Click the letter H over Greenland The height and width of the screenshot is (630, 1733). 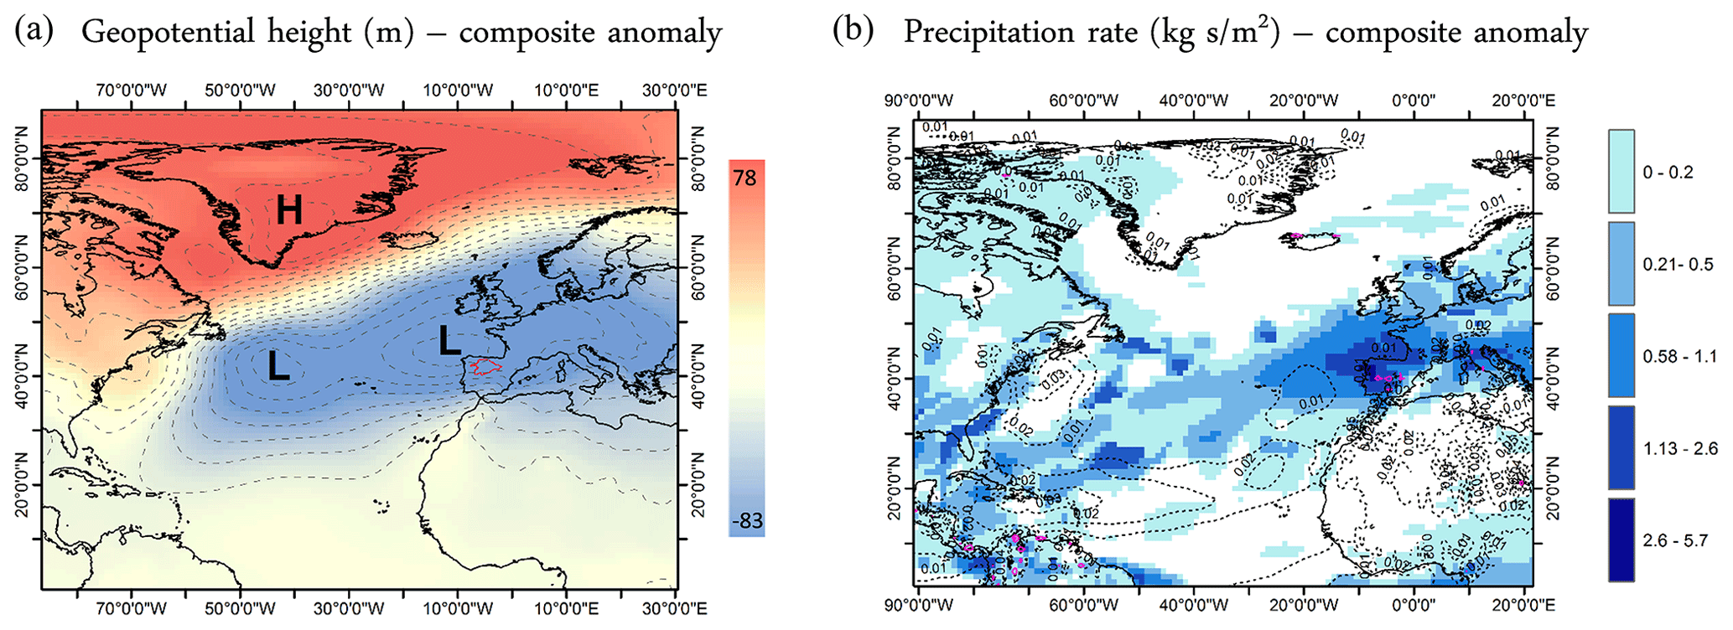tap(289, 209)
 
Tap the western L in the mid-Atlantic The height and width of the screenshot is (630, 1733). tap(278, 367)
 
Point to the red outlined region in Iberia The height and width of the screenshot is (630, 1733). tap(485, 366)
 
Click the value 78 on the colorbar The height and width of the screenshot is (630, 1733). tap(745, 178)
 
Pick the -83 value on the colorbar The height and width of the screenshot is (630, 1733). tap(746, 520)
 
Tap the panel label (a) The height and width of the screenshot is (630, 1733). tap(34, 31)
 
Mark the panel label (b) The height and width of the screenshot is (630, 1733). tap(854, 31)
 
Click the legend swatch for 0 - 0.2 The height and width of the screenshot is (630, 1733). tap(1621, 171)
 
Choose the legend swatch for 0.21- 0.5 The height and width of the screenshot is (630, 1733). tap(1621, 263)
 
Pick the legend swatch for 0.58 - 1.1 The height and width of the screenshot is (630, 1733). tap(1621, 355)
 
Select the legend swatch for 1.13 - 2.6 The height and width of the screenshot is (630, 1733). tap(1621, 447)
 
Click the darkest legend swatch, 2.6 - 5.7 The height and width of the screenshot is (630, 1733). tap(1621, 540)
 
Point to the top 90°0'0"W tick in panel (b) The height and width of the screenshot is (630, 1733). tap(919, 101)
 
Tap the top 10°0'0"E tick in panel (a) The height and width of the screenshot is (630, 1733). tap(567, 90)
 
